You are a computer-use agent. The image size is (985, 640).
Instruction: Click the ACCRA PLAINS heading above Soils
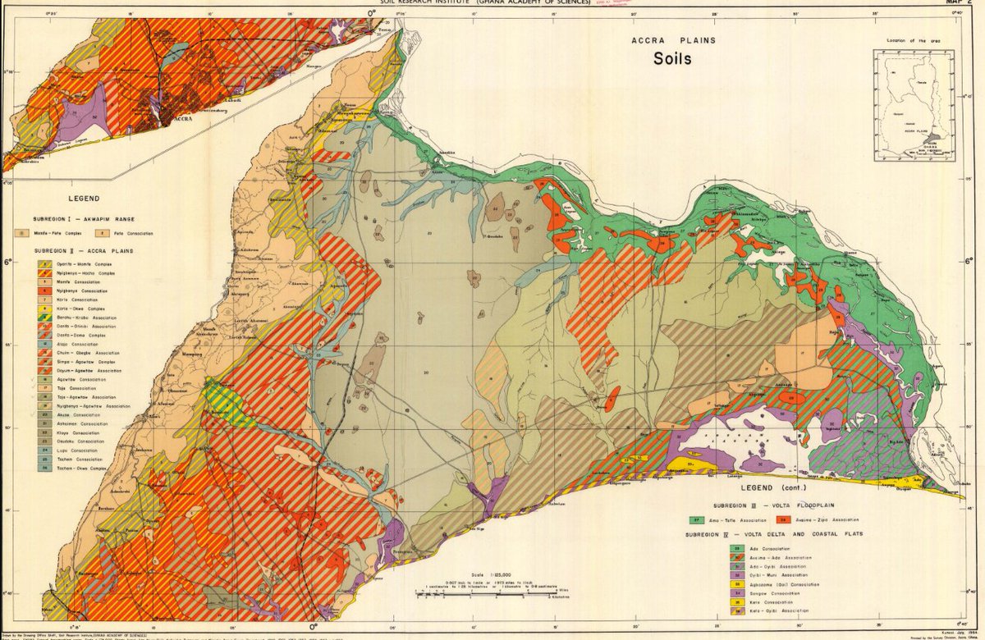[672, 39]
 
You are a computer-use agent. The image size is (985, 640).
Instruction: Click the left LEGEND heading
[85, 199]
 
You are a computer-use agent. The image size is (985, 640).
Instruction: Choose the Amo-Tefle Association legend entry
[722, 519]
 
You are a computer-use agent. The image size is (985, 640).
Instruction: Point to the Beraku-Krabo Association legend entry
[78, 317]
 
